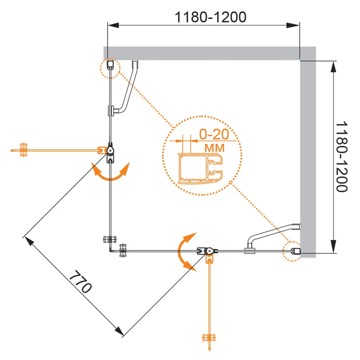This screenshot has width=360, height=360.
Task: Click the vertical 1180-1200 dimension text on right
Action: pyautogui.click(x=342, y=156)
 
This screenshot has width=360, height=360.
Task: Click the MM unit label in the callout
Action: pyautogui.click(x=214, y=147)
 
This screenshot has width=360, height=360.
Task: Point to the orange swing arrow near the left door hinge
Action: pyautogui.click(x=110, y=173)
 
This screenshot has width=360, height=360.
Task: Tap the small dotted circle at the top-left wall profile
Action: pyautogui.click(x=110, y=68)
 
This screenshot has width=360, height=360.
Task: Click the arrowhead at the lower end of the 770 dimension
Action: pyautogui.click(x=120, y=332)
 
